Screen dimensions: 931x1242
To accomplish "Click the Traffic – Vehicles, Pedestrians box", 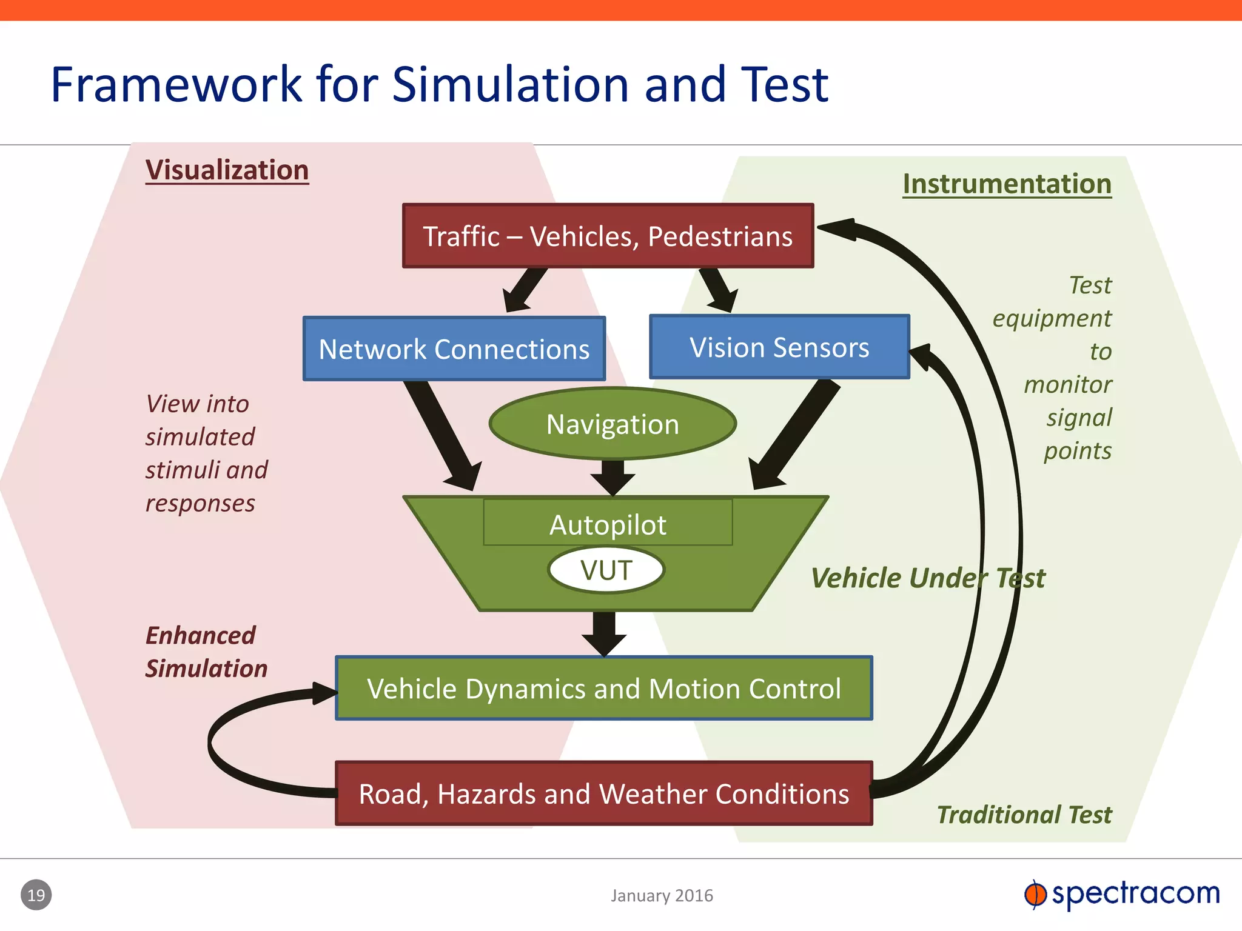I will [x=608, y=236].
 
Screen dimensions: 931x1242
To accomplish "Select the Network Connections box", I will [x=454, y=349].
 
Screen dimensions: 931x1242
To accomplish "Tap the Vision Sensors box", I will [x=779, y=347].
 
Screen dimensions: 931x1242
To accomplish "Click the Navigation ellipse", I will [x=613, y=424].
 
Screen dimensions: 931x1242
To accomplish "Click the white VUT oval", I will [x=606, y=570].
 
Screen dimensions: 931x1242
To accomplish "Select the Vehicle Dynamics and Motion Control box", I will [x=604, y=688].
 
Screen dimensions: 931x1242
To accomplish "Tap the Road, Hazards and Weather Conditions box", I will [x=604, y=793].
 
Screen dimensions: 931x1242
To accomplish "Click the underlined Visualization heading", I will [x=227, y=170].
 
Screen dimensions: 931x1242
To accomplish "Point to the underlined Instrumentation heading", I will [x=1007, y=184].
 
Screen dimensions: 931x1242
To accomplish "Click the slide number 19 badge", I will [x=36, y=895].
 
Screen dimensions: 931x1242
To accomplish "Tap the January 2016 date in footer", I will [x=662, y=895].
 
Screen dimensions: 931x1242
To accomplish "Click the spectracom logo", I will [x=1122, y=894].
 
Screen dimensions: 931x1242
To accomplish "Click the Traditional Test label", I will [x=1024, y=815].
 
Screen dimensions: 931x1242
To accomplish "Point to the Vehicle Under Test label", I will [x=928, y=578].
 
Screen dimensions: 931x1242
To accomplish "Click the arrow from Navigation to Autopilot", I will [x=613, y=476].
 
